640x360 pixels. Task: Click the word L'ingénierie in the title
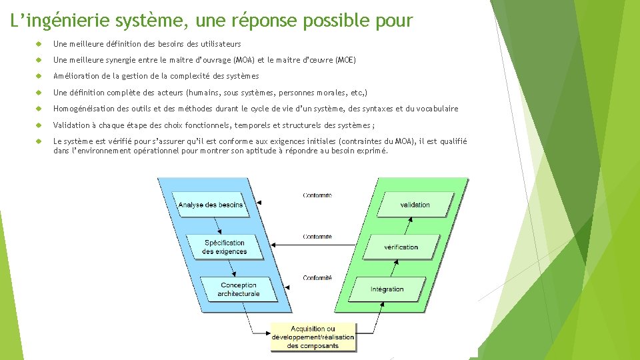coord(60,21)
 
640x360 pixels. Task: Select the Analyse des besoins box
coord(211,205)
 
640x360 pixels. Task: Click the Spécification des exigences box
coord(225,247)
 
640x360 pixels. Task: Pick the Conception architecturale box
coord(239,289)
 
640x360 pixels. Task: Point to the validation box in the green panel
coord(415,205)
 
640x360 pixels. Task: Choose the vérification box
coord(401,247)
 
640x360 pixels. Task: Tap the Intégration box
coord(387,289)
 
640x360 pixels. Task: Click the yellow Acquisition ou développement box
coord(313,337)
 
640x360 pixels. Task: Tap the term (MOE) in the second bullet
coord(345,60)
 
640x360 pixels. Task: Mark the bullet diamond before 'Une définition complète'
coord(39,93)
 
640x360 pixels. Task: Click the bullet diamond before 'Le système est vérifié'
coord(39,141)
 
